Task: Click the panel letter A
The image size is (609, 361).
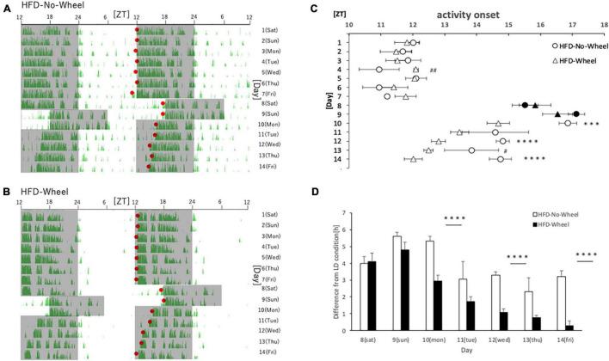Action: [6, 6]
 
